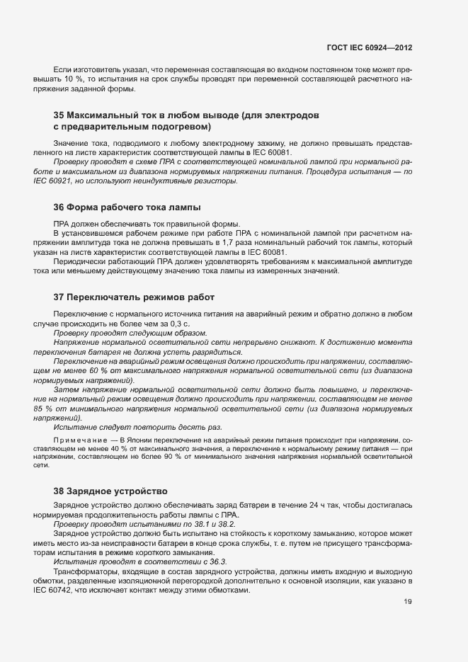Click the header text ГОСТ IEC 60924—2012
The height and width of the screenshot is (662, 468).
pos(369,47)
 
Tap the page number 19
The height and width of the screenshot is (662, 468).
pos(407,602)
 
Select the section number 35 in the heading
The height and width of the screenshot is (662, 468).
pos(59,115)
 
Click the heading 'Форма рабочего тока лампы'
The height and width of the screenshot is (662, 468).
pos(134,207)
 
